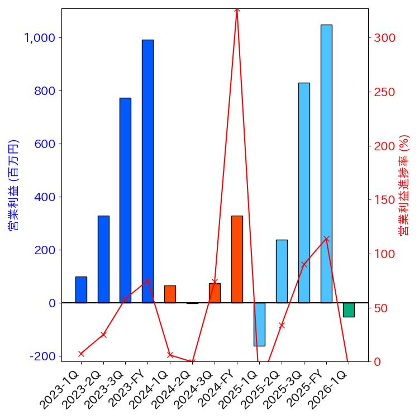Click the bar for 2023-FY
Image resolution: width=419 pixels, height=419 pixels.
coord(147,171)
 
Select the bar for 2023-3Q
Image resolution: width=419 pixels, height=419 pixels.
coord(125,200)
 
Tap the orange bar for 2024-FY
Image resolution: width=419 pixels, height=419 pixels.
coord(237,259)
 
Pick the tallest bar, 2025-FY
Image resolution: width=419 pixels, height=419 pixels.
coord(326,164)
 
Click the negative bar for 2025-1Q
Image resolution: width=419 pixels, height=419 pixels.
coord(259,324)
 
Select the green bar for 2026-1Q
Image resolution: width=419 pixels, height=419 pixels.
coord(349,310)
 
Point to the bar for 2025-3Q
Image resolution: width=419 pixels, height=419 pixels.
coord(304,193)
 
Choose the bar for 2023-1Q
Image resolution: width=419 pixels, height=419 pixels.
coord(81,289)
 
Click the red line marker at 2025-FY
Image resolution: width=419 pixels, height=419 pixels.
coord(326,239)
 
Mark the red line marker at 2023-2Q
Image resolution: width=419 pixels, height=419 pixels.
coord(103,335)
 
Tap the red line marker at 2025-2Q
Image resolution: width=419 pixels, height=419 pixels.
coord(282,325)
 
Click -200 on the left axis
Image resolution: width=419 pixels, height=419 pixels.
coord(44,356)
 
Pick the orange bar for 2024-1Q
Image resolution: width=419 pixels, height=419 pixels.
coord(170,294)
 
